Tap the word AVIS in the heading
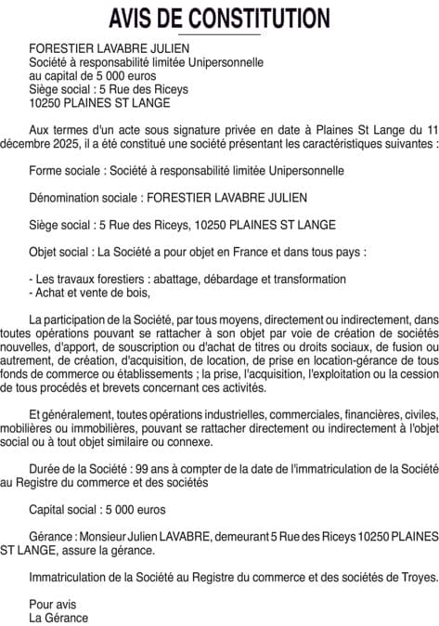132,18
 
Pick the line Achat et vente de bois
89,293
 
